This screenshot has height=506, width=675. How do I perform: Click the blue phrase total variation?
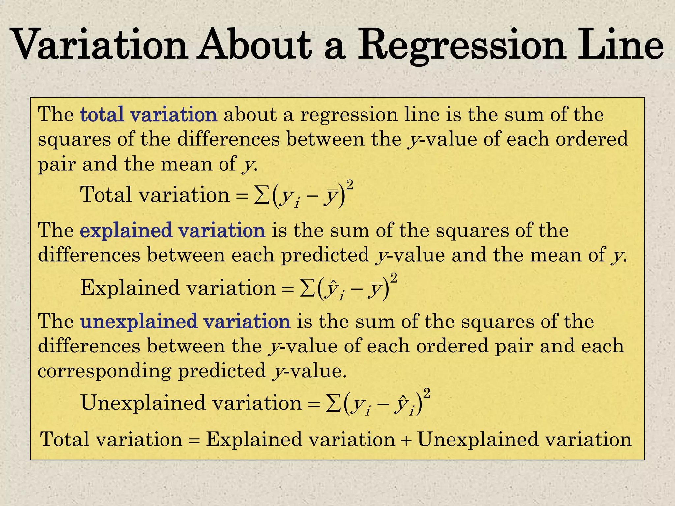pyautogui.click(x=149, y=115)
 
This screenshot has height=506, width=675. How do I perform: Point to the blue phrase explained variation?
pyautogui.click(x=173, y=230)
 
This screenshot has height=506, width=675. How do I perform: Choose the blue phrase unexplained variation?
pyautogui.click(x=185, y=321)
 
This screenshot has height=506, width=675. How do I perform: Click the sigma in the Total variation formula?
pyautogui.click(x=260, y=195)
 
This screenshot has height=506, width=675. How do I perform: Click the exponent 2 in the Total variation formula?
pyautogui.click(x=350, y=185)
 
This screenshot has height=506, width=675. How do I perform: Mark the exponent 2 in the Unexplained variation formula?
pyautogui.click(x=427, y=393)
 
